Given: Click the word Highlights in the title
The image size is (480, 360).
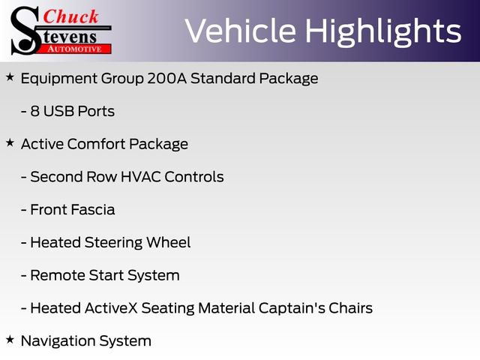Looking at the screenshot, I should (x=382, y=31).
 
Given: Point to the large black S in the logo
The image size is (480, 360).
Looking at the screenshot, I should (x=26, y=30).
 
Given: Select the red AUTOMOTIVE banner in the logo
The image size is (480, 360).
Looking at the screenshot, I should (x=75, y=49).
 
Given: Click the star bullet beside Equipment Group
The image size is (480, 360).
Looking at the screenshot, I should (x=10, y=77).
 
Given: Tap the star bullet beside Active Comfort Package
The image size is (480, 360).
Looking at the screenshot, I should (x=10, y=142).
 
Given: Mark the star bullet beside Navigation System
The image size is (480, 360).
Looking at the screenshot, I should (x=10, y=340).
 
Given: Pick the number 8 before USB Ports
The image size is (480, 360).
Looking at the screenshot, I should (x=34, y=111).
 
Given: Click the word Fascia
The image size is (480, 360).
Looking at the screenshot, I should (x=92, y=210).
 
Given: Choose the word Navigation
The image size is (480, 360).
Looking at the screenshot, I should (x=57, y=341).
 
